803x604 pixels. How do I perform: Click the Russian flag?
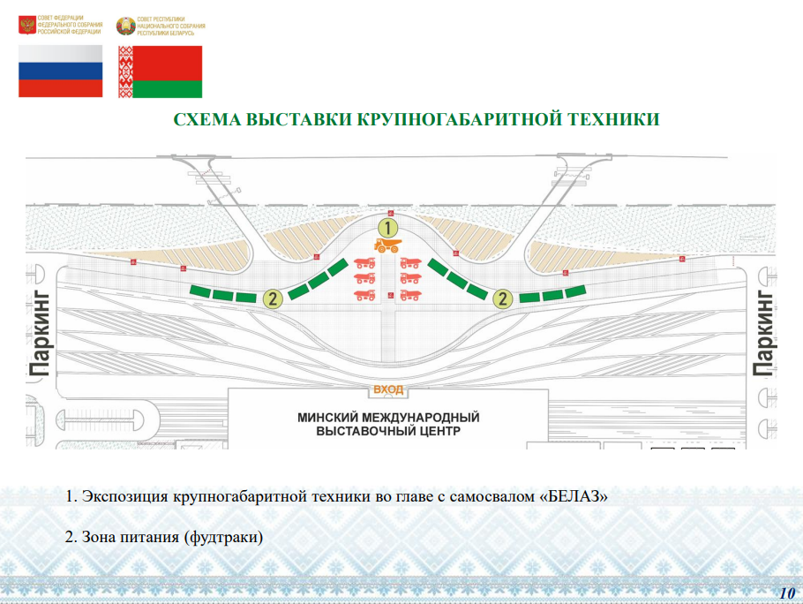[x=60, y=71]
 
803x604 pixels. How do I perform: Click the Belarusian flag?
[x=160, y=72]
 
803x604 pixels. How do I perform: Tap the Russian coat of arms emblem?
[x=26, y=25]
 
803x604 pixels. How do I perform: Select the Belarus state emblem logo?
[x=125, y=26]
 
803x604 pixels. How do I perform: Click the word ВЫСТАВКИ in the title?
[x=298, y=119]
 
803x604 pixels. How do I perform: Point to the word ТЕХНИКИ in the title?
[x=614, y=119]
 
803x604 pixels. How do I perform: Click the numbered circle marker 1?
[x=387, y=228]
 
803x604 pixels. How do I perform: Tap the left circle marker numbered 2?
[x=273, y=298]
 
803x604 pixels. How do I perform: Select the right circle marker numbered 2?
[x=502, y=298]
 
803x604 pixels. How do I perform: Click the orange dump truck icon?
[x=387, y=245]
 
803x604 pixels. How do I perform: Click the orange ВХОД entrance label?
[x=388, y=389]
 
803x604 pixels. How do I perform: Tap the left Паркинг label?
[x=40, y=334]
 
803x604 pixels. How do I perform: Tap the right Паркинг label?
[x=763, y=334]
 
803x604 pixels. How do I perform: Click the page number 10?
[x=787, y=593]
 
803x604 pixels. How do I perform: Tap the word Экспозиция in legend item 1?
[x=125, y=497]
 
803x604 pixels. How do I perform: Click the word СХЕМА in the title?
[x=206, y=119]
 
